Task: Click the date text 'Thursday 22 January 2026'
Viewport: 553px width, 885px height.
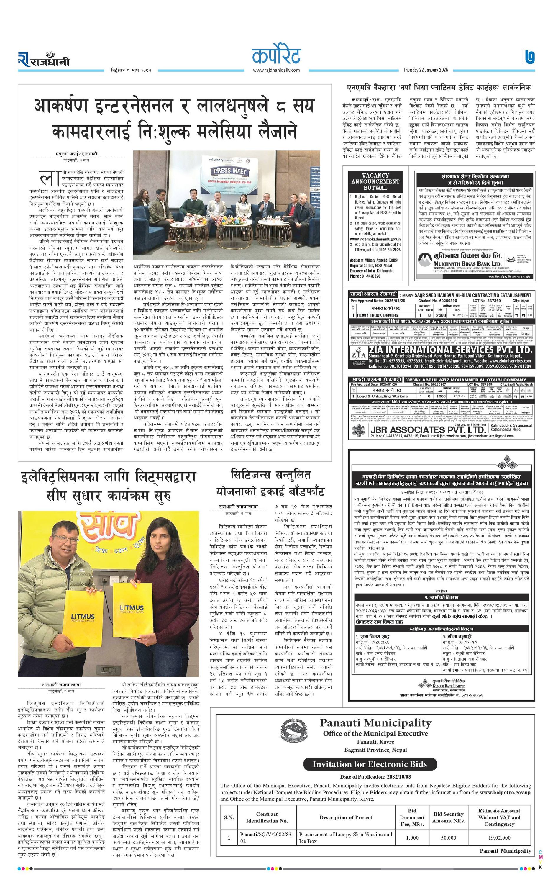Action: (x=428, y=70)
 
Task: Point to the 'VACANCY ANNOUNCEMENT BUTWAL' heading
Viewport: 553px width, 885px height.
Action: (x=375, y=181)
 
